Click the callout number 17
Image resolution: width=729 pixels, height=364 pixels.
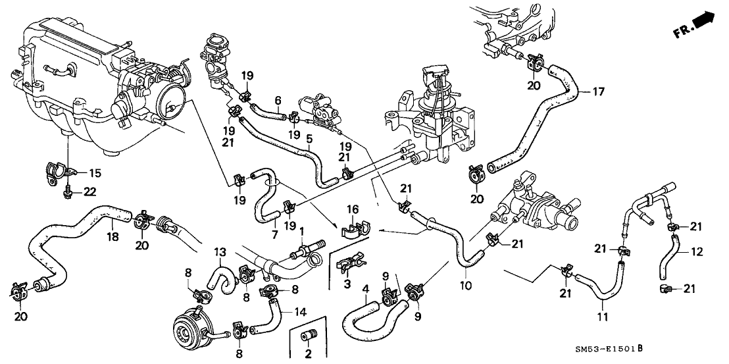coord(597,91)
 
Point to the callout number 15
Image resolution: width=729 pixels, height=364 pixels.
coord(95,173)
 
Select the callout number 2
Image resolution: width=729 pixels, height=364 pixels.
coord(307,354)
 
